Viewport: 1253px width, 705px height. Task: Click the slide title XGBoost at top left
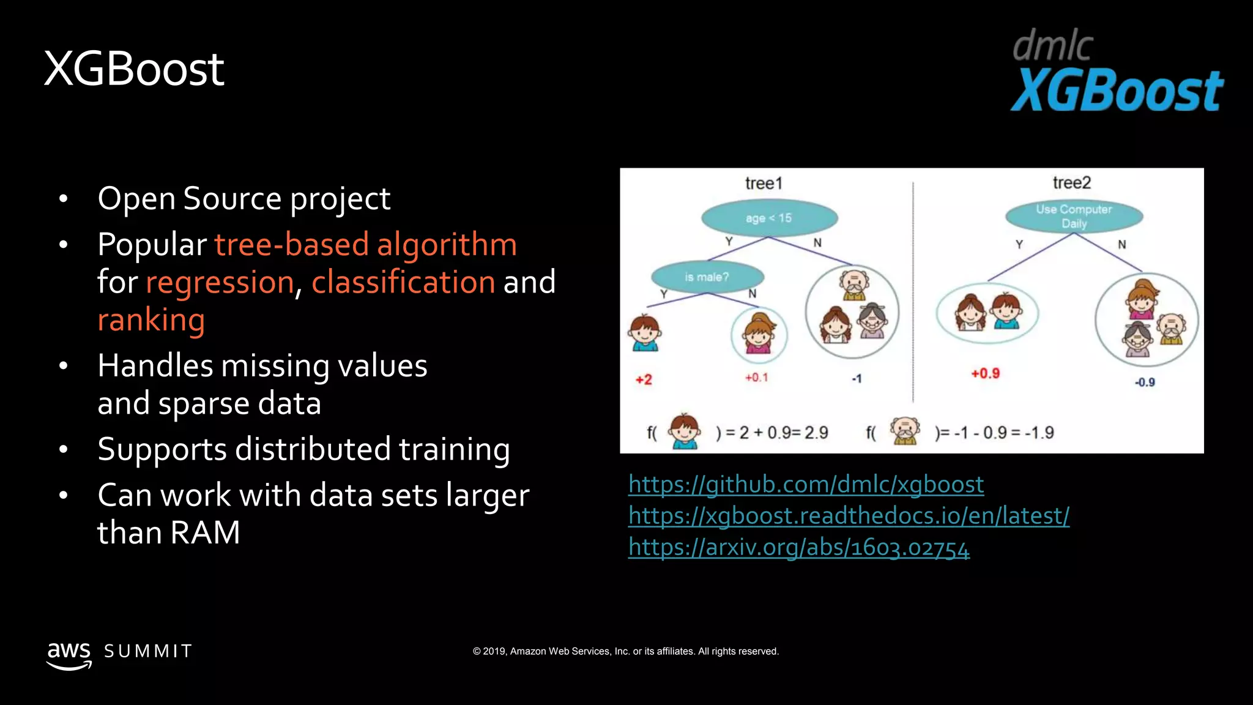pos(134,69)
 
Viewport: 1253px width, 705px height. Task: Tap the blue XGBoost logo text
pos(1117,91)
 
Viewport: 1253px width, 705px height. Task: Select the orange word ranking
pos(151,319)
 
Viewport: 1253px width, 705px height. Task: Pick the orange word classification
pos(403,282)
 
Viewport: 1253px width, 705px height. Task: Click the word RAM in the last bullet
pos(205,532)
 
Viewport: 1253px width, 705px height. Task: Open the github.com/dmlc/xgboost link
pos(806,485)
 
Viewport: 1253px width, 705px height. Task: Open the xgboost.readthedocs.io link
pos(849,516)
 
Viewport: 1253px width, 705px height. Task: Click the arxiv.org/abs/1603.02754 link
pos(798,547)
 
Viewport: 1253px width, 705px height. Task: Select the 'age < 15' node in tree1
pos(769,218)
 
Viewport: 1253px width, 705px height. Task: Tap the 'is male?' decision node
pos(707,277)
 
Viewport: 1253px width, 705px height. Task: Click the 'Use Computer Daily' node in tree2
pos(1074,216)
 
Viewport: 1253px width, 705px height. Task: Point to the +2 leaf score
pos(644,379)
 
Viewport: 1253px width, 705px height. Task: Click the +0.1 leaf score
pos(756,378)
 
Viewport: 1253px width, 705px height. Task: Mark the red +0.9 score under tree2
pos(985,373)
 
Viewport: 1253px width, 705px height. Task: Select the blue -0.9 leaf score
pos(1145,382)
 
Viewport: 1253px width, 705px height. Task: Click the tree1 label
pos(764,183)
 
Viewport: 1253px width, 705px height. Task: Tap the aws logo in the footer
pos(69,654)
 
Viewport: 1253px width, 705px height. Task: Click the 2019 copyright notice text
pos(625,651)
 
